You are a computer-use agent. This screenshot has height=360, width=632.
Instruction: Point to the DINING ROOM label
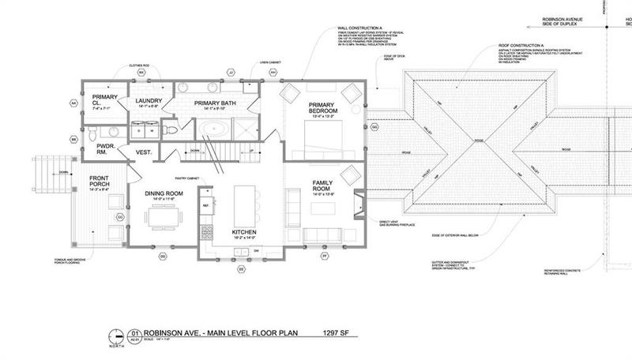pyautogui.click(x=164, y=192)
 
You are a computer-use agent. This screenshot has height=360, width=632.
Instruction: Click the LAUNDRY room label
pyautogui.click(x=149, y=101)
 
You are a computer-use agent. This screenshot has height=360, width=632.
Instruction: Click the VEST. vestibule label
pyautogui.click(x=144, y=152)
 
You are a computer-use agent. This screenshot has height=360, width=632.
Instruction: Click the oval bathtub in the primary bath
pyautogui.click(x=216, y=129)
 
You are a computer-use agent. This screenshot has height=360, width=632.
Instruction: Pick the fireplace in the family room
pyautogui.click(x=359, y=198)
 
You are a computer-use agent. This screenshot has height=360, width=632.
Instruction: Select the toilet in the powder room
pyautogui.click(x=112, y=131)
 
